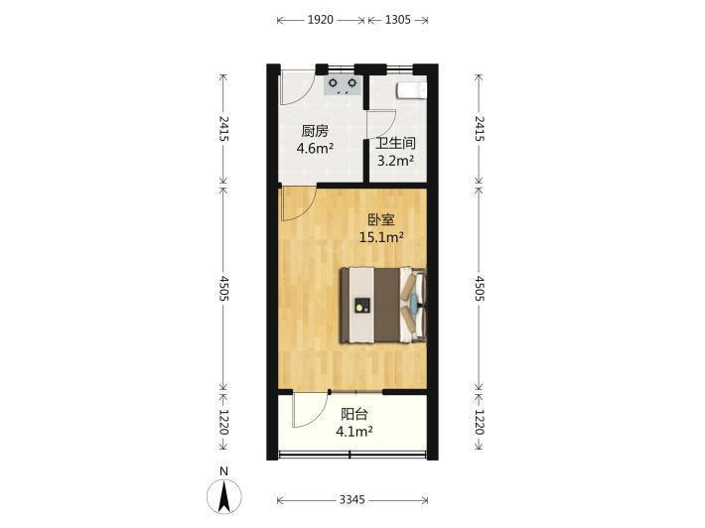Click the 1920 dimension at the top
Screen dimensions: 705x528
tap(321, 20)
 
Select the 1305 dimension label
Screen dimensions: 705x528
tap(398, 20)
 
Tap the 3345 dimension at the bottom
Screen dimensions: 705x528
tap(352, 499)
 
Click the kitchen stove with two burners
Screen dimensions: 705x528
tap(343, 85)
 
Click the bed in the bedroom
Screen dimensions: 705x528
tap(382, 306)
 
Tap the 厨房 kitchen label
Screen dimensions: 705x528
tap(315, 131)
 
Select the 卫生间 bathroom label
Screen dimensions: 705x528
tap(395, 143)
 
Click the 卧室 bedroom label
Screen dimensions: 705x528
tap(381, 219)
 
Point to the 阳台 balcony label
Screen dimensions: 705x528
tap(353, 414)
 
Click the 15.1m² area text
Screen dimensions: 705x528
tap(381, 237)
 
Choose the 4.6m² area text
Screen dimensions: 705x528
tap(315, 148)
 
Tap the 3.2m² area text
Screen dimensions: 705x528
tap(395, 161)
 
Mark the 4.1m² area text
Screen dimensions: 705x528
tap(353, 432)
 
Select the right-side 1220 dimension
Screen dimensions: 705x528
tap(480, 422)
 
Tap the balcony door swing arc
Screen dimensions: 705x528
tap(319, 417)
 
